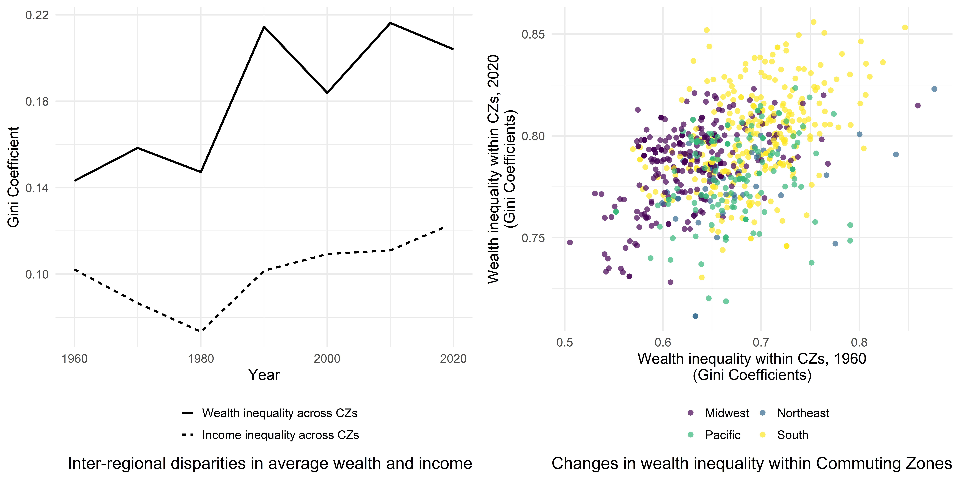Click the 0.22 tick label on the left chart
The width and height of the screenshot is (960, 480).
pos(37,15)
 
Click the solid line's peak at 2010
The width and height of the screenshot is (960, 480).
pos(390,23)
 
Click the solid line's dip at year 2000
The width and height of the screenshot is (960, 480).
pos(327,92)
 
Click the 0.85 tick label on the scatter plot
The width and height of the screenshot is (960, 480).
pos(533,34)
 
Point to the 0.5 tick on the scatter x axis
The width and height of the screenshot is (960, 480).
pos(565,342)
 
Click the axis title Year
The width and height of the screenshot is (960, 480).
pos(264,375)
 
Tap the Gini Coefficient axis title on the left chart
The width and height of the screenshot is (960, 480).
pos(13,177)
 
